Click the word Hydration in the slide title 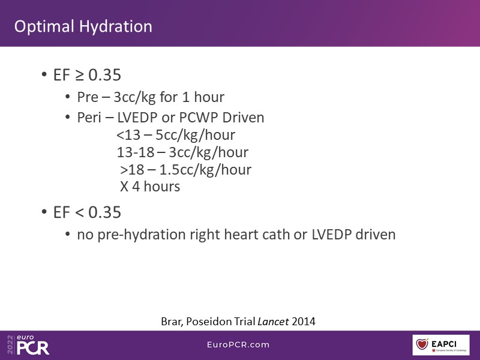(116, 27)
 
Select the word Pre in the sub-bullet (88, 97)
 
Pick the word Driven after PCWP (243, 118)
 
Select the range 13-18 (136, 152)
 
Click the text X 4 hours (150, 187)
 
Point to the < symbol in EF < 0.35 (79, 213)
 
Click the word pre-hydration (142, 235)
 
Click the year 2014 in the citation (304, 322)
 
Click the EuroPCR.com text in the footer (238, 344)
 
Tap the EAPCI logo (441, 345)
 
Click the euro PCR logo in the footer (28, 344)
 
